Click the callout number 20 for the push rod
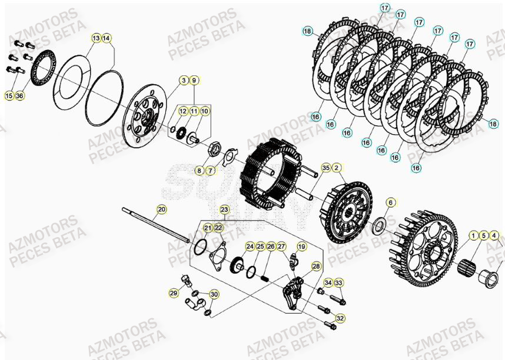161,209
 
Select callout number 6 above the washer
390,202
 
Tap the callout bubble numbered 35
326,168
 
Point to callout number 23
224,209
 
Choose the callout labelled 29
174,293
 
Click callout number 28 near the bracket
316,266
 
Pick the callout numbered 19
301,246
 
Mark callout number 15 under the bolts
9,95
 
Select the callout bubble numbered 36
19,95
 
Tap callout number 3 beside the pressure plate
184,81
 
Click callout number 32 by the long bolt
340,318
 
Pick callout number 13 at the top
95,38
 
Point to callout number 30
214,295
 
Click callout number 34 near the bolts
328,283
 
